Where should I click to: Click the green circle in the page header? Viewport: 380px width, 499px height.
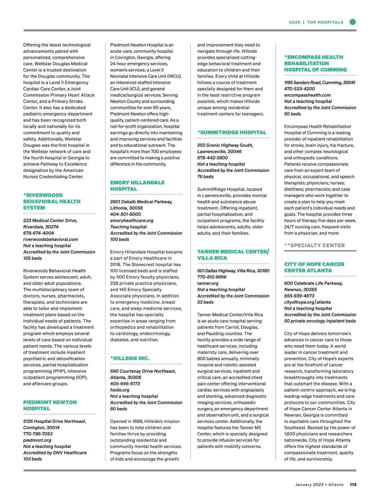(x=352, y=22)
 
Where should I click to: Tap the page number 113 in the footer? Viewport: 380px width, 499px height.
(x=353, y=484)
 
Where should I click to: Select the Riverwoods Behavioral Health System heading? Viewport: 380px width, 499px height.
(x=52, y=201)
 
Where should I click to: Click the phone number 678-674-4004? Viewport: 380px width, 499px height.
(x=39, y=233)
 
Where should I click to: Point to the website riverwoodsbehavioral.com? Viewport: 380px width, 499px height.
(x=50, y=239)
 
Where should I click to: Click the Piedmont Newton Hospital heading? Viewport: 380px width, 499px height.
(x=50, y=405)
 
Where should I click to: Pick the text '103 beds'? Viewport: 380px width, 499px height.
(x=33, y=459)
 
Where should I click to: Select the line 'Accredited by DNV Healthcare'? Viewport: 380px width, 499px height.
(x=55, y=452)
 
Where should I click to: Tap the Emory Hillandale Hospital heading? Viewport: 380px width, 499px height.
(x=137, y=186)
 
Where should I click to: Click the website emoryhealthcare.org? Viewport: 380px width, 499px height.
(x=132, y=220)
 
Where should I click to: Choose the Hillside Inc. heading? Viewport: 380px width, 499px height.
(x=130, y=358)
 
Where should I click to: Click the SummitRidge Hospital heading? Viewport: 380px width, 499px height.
(x=232, y=132)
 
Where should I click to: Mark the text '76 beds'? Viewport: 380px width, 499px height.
(x=206, y=177)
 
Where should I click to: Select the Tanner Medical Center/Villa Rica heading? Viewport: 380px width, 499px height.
(x=233, y=255)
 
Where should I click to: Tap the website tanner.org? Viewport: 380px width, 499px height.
(x=208, y=283)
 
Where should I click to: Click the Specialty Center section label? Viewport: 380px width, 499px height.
(x=314, y=245)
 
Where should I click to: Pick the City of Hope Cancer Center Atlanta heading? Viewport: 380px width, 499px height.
(x=314, y=267)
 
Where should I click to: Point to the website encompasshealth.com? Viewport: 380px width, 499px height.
(x=307, y=95)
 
